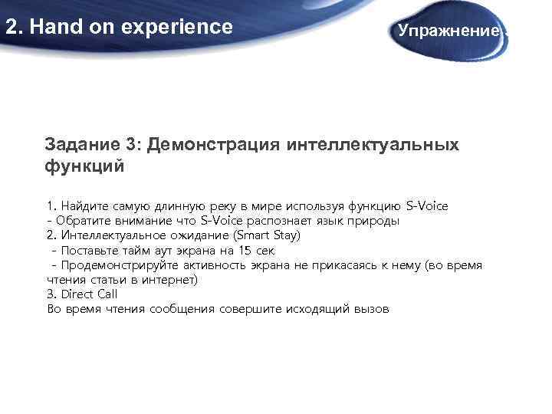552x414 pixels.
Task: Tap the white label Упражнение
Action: [x=449, y=31]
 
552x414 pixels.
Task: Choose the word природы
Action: [x=373, y=221]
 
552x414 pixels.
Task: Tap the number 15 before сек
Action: [x=243, y=251]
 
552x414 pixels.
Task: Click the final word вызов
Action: [x=371, y=309]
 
